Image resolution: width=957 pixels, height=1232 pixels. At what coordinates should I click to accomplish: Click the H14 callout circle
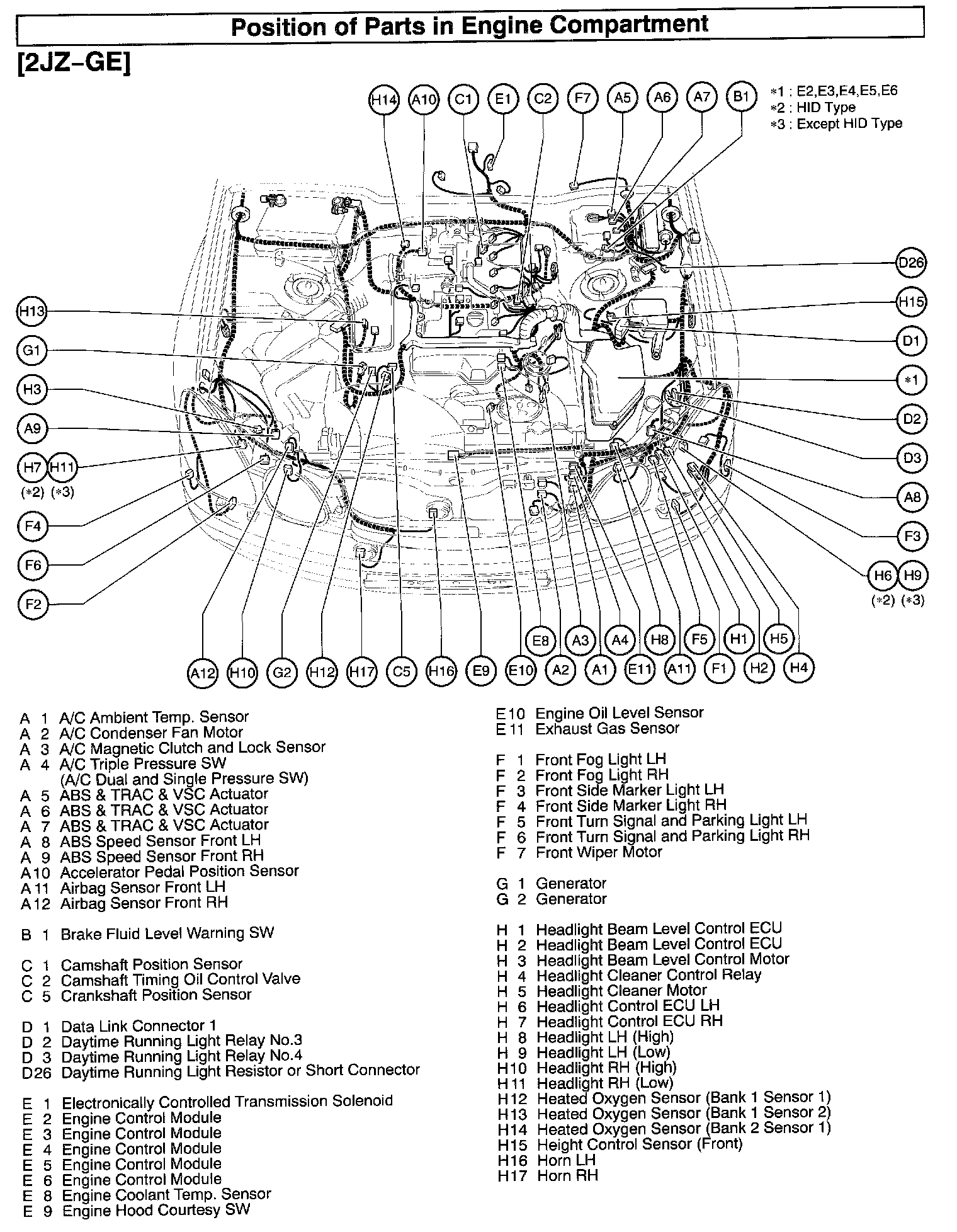point(383,99)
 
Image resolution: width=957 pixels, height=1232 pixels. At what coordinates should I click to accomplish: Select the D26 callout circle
point(911,263)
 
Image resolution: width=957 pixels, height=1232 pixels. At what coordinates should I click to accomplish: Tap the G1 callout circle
point(32,350)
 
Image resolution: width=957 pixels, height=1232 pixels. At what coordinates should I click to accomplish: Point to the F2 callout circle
point(33,605)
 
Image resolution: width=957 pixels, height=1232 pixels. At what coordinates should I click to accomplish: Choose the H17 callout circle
point(362,672)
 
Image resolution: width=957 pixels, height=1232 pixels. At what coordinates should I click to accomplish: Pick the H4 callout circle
point(798,667)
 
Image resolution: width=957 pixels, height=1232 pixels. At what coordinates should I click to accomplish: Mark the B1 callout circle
point(741,98)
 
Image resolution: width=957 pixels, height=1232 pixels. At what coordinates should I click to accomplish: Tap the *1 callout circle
point(911,380)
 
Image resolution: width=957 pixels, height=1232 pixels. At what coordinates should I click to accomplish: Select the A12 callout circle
point(203,673)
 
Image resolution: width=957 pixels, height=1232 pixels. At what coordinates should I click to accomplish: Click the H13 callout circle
point(32,311)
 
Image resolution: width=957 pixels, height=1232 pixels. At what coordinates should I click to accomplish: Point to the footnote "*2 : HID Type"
point(813,107)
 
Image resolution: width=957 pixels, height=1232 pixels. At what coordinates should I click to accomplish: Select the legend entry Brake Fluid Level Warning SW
point(167,933)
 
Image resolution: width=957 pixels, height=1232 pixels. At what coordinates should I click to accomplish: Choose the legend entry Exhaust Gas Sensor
point(607,729)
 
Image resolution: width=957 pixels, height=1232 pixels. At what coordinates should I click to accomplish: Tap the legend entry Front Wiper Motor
point(598,852)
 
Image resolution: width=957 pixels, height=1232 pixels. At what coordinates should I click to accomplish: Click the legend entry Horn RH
point(567,1175)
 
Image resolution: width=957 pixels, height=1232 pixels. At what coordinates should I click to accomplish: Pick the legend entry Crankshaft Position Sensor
point(156,995)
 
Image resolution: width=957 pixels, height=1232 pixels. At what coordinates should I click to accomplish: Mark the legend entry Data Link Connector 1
point(139,1025)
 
